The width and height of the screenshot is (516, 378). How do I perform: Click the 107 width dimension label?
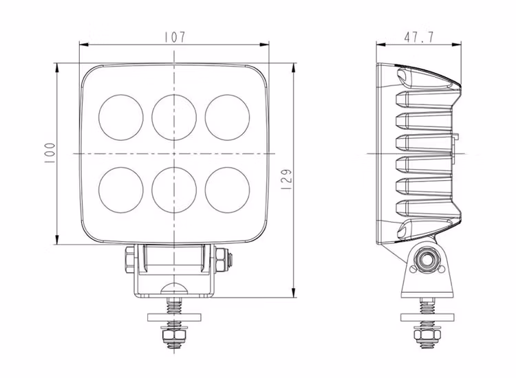point(175,37)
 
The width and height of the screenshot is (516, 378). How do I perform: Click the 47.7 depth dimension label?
point(418,37)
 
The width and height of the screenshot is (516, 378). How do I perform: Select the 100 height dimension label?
point(49,153)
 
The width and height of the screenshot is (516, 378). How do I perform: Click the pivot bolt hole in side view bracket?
point(426,262)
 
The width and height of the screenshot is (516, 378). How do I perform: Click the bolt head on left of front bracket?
point(129,261)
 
